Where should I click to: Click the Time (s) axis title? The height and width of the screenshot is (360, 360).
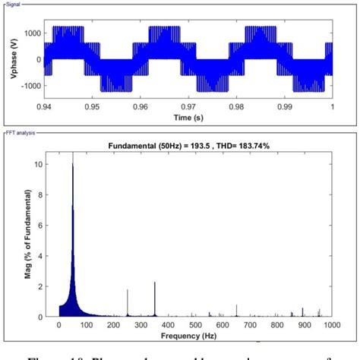tap(188, 119)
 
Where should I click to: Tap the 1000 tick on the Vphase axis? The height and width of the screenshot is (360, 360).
tap(30, 33)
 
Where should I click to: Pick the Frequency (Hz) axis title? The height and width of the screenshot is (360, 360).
tap(195, 335)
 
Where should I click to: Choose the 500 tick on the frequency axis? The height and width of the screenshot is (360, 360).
tap(195, 325)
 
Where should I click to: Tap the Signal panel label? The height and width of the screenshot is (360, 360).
tap(13, 5)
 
